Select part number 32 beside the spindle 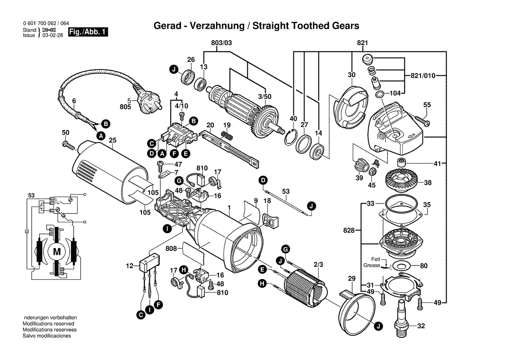click(421, 326)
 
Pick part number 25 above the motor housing click(113, 140)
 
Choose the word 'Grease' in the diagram click(371, 265)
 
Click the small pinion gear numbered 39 click(359, 166)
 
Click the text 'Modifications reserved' click(48, 324)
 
